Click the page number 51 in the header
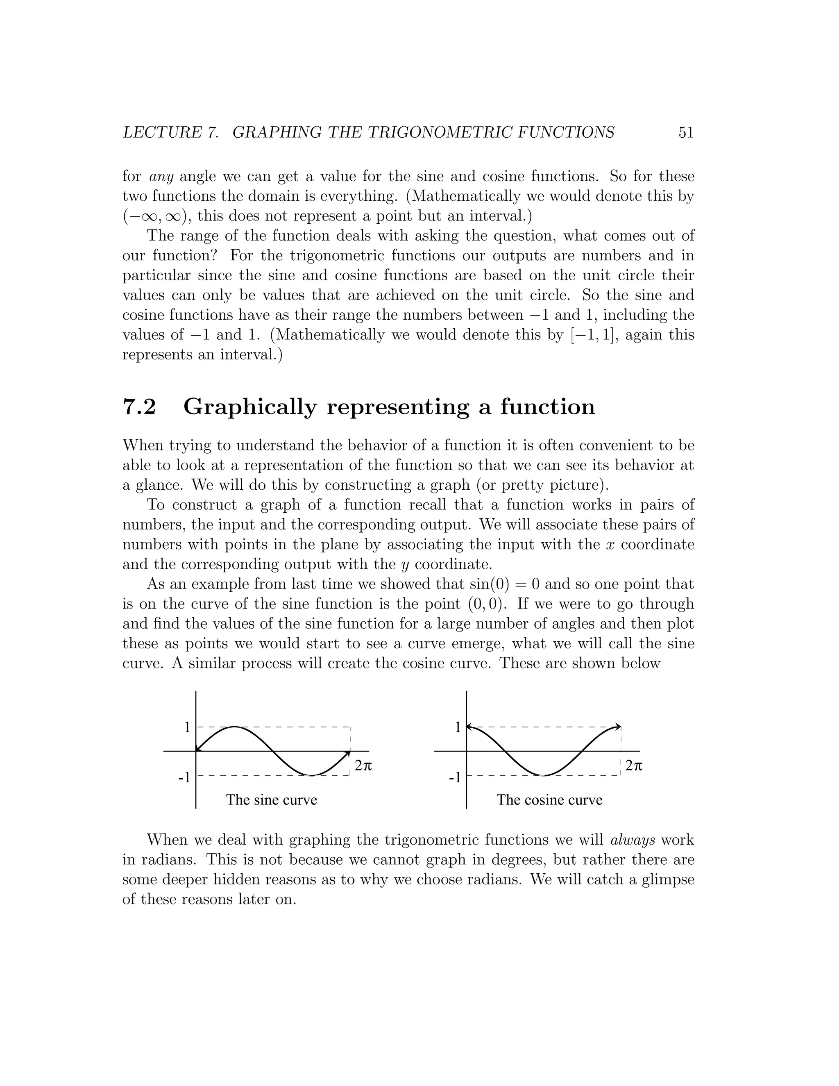685,132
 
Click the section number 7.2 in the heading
139,407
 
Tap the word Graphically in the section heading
250,408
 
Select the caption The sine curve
271,800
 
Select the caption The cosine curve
549,800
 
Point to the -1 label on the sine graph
184,777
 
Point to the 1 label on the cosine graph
458,727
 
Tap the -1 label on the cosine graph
455,777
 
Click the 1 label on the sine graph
187,727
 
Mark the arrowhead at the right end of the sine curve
347,754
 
